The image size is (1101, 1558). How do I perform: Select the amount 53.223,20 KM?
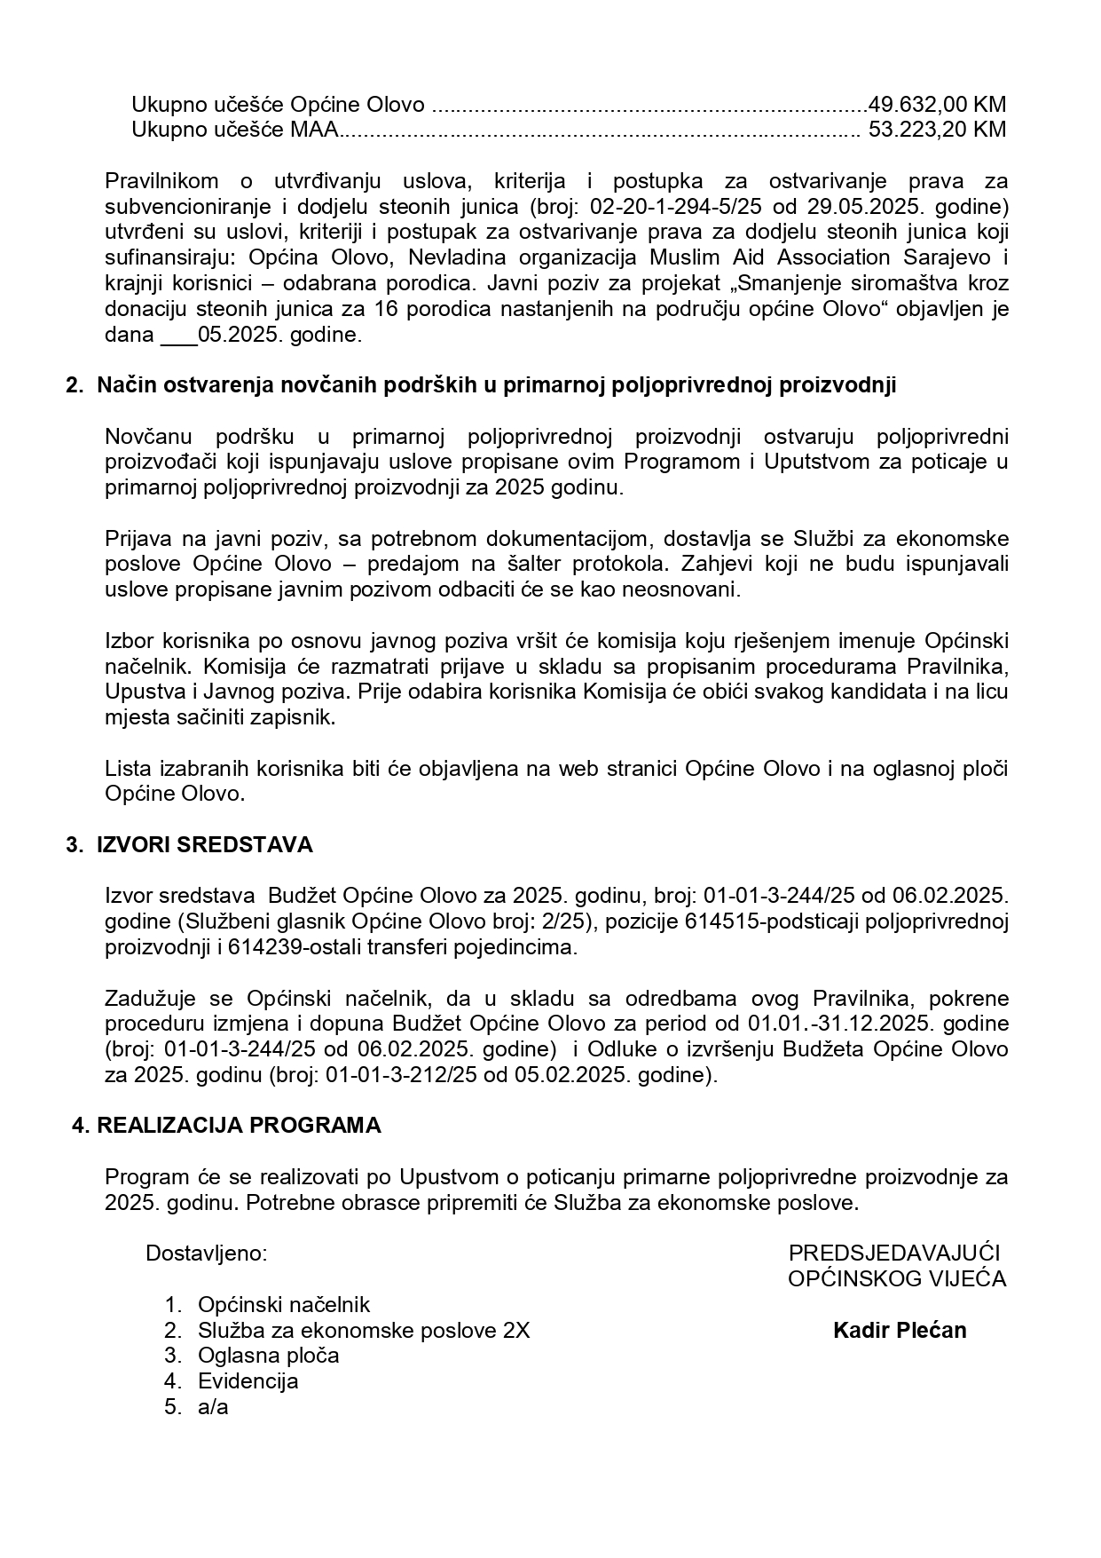tap(937, 130)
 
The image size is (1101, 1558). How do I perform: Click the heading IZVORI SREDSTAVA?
tap(204, 844)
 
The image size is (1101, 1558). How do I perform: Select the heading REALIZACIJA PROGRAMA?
tap(239, 1126)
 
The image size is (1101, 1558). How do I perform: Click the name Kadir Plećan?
tap(900, 1331)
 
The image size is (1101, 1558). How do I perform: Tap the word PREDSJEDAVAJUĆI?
tap(894, 1254)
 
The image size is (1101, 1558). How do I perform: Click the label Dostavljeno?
tap(206, 1254)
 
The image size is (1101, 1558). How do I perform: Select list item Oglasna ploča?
tap(269, 1356)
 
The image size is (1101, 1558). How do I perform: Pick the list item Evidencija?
tap(248, 1381)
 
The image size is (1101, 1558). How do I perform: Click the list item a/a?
tap(213, 1407)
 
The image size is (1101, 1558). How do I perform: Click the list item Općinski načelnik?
tap(284, 1305)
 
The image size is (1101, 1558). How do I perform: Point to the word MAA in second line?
tap(317, 130)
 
